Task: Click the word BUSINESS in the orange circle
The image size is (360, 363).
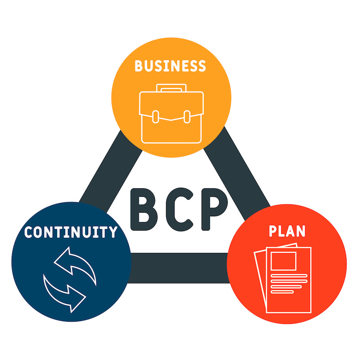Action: pos(170,66)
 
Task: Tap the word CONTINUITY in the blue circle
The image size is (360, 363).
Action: pos(71,232)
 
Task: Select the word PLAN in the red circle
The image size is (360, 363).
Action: pos(287,231)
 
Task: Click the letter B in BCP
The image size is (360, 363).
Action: pos(144,209)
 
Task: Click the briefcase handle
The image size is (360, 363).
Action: pos(171,88)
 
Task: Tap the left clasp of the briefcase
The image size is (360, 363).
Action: pos(156,117)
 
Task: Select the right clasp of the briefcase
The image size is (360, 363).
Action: pos(187,117)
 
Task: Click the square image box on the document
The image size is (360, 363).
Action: pos(283,261)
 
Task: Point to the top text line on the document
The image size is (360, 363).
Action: pos(289,276)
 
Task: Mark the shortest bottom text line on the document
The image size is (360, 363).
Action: pos(282,292)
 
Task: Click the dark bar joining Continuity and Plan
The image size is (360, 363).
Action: pos(179,268)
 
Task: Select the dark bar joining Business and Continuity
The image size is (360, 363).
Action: pos(111,171)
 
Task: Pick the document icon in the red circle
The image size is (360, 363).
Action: pos(283,278)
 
